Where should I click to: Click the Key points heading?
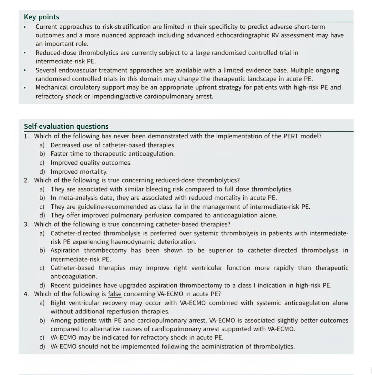(42, 17)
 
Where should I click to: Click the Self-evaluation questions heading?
(66, 126)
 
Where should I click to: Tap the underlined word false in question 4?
(115, 294)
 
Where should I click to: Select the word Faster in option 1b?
(59, 154)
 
